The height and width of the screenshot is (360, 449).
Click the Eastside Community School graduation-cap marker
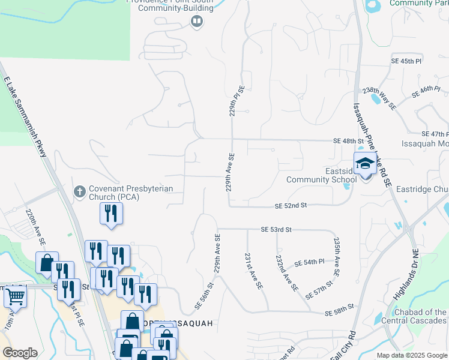point(364,164)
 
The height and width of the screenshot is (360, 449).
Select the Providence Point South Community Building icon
point(196,22)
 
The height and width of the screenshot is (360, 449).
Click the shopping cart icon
point(15,296)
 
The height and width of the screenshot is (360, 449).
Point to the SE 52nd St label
point(291,205)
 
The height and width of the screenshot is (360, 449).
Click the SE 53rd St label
point(276,229)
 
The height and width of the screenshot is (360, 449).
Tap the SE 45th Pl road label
point(407,61)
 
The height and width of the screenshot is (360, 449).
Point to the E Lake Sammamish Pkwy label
point(26,117)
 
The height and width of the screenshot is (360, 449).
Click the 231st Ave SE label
point(253,271)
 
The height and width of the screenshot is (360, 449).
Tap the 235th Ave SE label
point(337,257)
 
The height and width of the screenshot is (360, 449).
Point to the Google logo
point(20,353)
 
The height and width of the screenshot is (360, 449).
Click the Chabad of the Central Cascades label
point(420,316)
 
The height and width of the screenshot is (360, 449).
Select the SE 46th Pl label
point(426,92)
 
